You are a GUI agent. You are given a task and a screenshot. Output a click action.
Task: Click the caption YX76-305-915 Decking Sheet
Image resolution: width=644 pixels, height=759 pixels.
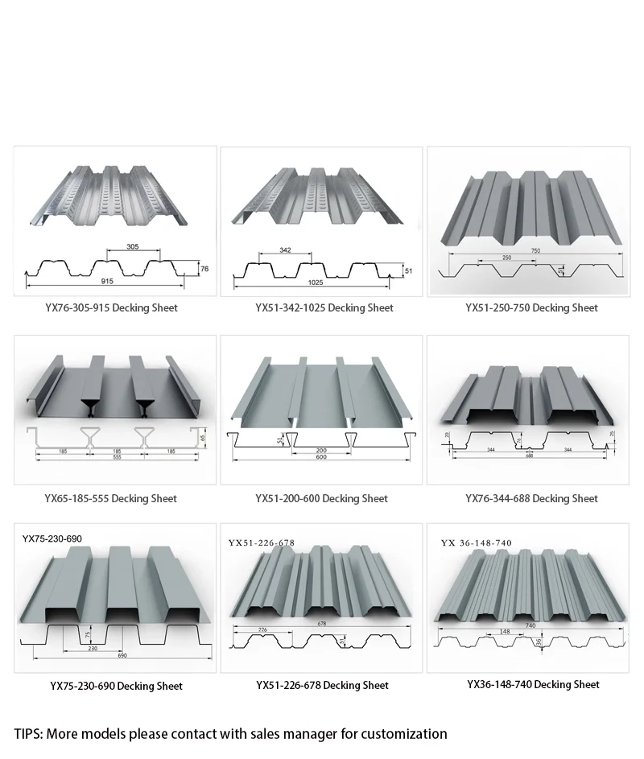point(112,307)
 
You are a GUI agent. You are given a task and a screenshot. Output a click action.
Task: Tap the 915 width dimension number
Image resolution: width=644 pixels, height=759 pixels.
point(108,282)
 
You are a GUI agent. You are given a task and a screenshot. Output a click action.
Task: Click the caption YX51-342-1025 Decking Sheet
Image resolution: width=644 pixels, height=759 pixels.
point(324,307)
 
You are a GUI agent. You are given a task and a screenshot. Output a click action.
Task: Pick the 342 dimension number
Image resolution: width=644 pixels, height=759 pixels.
point(285,251)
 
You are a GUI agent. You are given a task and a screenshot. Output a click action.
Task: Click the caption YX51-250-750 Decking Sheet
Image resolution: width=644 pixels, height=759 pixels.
point(531,307)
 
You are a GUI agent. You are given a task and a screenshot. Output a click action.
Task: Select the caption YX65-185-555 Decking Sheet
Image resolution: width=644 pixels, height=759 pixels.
point(111,499)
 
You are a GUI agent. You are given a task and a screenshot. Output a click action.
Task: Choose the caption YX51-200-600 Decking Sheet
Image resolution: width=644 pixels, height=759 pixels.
point(321,499)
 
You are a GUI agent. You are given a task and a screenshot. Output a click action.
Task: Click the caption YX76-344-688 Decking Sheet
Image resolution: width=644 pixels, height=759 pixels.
point(531,499)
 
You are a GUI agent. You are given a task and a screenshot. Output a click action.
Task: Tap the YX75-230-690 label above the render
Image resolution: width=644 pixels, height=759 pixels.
point(52,538)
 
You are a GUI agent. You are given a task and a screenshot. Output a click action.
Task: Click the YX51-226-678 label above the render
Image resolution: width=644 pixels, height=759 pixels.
point(262,543)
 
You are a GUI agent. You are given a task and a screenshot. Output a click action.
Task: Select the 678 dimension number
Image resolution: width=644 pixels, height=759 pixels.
point(321,623)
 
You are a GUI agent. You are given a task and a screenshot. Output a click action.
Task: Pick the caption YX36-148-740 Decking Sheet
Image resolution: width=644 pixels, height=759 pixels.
point(533,685)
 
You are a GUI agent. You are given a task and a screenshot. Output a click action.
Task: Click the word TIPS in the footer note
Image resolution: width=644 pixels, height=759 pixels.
point(28,733)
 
